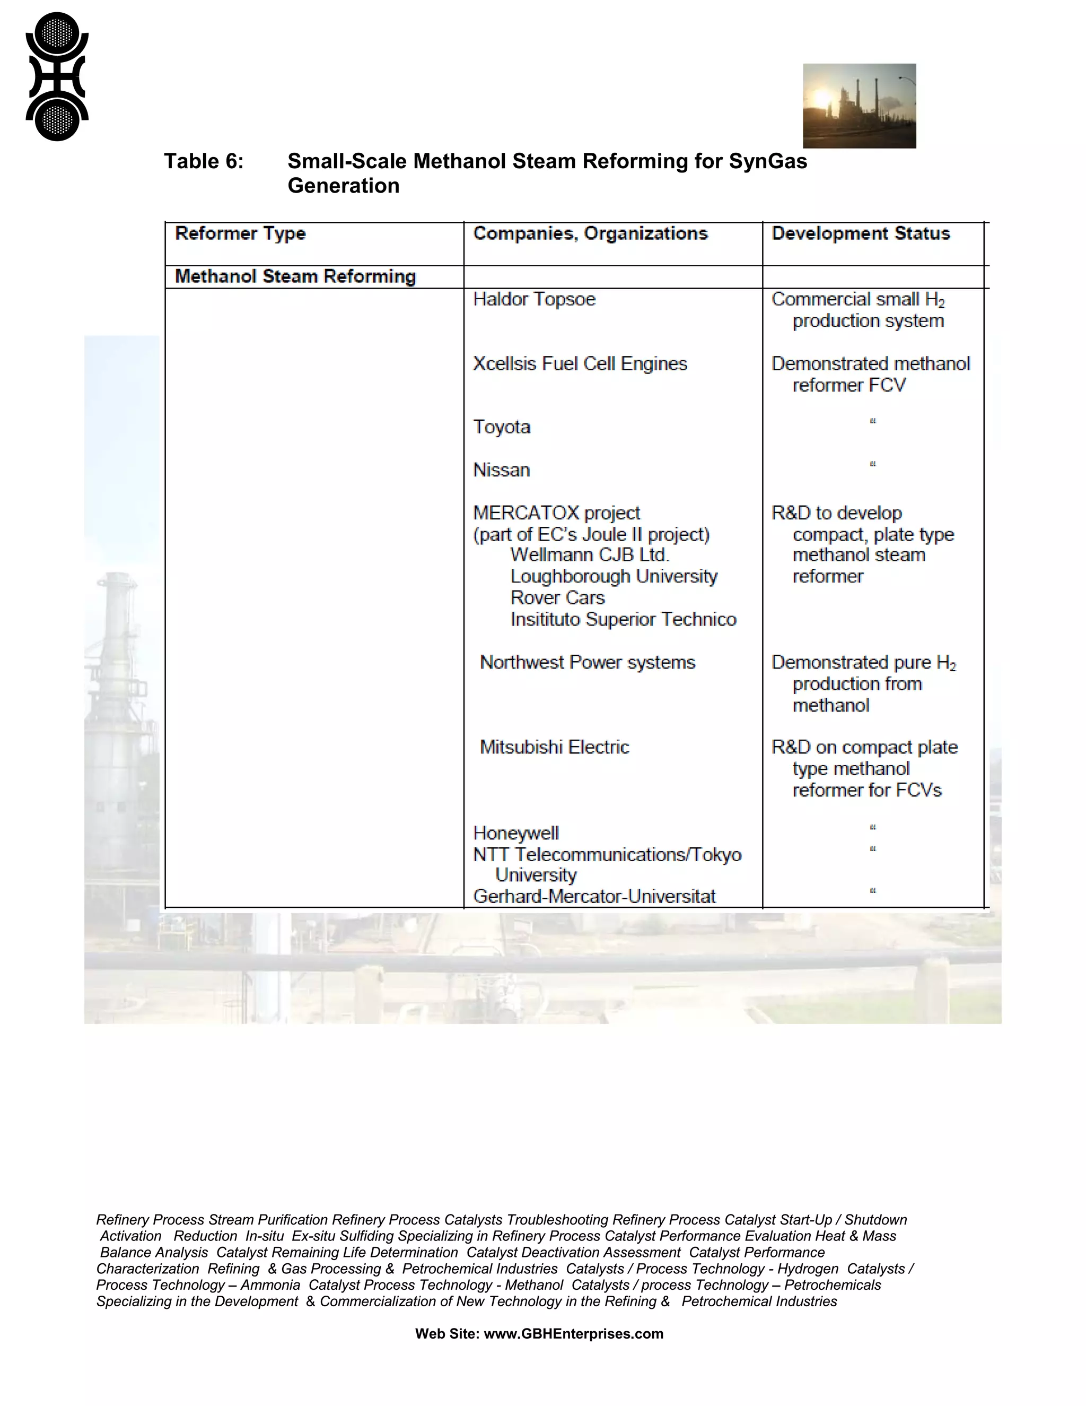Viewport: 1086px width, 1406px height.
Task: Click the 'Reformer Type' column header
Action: click(240, 233)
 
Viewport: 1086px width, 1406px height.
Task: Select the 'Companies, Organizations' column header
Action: click(590, 233)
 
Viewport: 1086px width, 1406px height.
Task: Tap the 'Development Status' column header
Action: click(860, 233)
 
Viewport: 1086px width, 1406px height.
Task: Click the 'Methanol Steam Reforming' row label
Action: click(295, 277)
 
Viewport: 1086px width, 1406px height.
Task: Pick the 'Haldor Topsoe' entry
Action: click(534, 299)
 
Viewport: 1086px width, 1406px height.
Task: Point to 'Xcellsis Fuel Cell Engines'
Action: click(580, 364)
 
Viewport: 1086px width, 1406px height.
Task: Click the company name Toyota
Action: click(501, 427)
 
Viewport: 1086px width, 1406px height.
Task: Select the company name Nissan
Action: click(501, 470)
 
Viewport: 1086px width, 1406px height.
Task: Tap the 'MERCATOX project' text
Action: click(556, 513)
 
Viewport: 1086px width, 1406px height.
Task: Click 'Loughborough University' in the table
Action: click(614, 576)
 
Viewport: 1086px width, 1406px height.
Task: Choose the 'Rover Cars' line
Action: click(557, 597)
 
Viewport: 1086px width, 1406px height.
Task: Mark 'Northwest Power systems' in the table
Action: click(588, 663)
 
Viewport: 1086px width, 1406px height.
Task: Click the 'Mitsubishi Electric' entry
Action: click(554, 748)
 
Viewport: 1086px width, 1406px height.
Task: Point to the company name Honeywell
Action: click(516, 833)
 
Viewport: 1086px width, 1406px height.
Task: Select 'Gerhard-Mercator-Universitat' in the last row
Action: click(594, 896)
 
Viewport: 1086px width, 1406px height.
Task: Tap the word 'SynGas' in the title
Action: click(767, 161)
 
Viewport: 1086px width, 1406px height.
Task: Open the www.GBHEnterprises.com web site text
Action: click(573, 1334)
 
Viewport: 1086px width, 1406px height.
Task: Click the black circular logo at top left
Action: click(57, 76)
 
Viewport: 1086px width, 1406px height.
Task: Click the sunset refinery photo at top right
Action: click(859, 106)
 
